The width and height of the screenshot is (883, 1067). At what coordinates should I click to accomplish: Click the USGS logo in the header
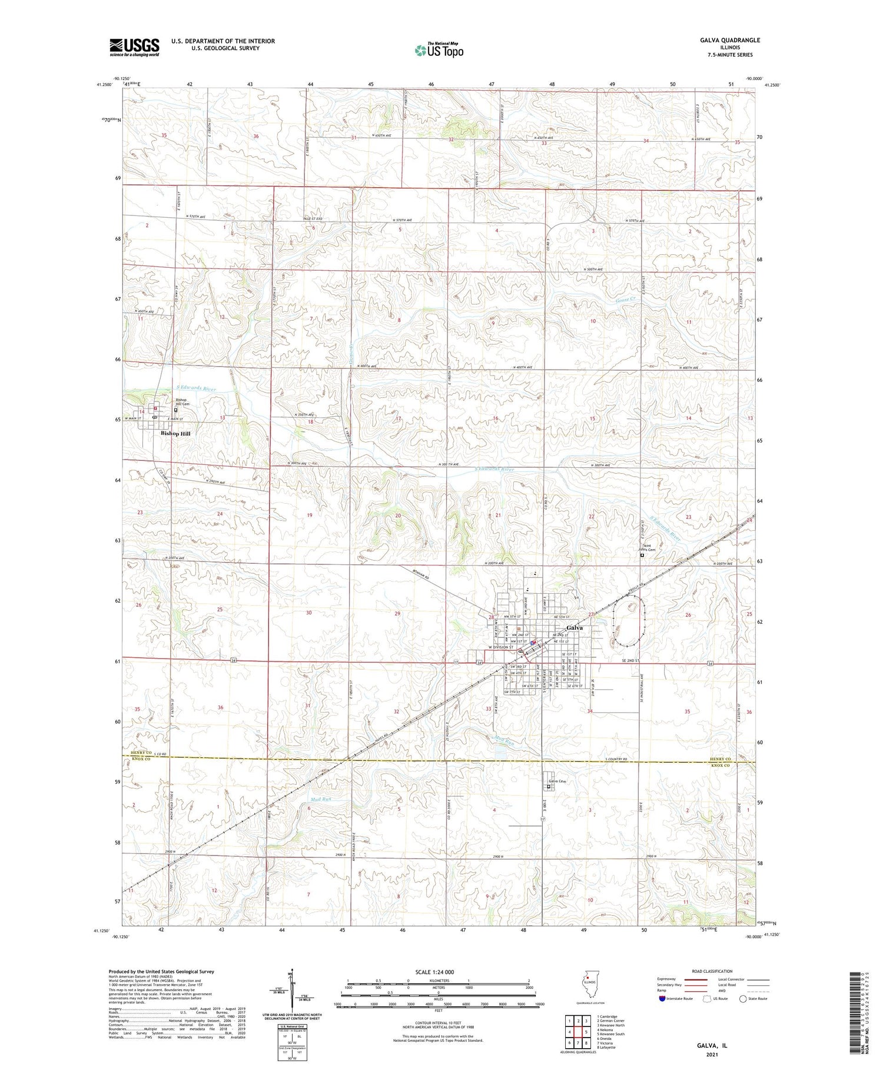click(x=134, y=47)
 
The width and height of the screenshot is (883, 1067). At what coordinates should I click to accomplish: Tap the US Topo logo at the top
click(x=439, y=50)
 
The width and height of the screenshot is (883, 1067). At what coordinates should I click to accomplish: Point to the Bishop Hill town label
click(x=175, y=433)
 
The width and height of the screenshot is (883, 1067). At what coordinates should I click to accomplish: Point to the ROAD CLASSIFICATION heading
click(x=712, y=971)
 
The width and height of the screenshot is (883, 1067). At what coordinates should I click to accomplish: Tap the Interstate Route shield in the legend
click(x=662, y=999)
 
